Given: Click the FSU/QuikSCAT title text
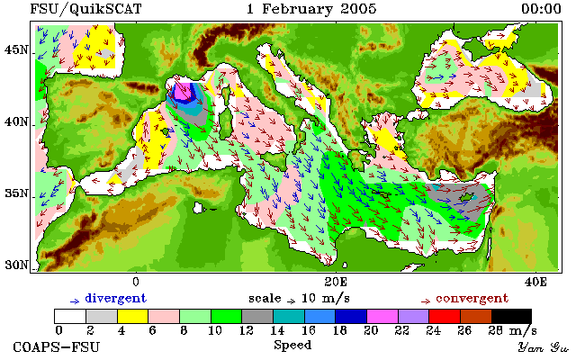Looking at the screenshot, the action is pyautogui.click(x=85, y=9).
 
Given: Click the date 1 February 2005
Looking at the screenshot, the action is pyautogui.click(x=311, y=9).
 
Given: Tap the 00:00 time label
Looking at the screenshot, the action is pyautogui.click(x=541, y=9).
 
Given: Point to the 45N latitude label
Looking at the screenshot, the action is pyautogui.click(x=16, y=49).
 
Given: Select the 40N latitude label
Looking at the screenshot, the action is pyautogui.click(x=16, y=122).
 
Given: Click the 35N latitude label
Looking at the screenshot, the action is pyautogui.click(x=16, y=193).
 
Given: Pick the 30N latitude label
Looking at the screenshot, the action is pyautogui.click(x=16, y=265).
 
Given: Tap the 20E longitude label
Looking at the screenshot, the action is pyautogui.click(x=336, y=282).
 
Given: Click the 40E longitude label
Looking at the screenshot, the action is pyautogui.click(x=535, y=282).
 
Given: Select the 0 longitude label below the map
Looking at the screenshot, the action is pyautogui.click(x=136, y=282).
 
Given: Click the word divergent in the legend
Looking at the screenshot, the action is pyautogui.click(x=116, y=299).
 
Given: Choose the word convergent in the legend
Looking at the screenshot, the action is pyautogui.click(x=472, y=299).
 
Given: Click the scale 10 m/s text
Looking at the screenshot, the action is pyautogui.click(x=299, y=299).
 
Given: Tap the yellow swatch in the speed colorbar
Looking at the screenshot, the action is pyautogui.click(x=133, y=317).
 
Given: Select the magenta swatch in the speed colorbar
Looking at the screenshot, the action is pyautogui.click(x=382, y=317).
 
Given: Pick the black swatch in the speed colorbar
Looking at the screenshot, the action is pyautogui.click(x=511, y=317).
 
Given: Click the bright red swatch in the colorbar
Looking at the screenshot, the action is pyautogui.click(x=445, y=317).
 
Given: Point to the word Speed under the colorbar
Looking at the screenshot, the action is pyautogui.click(x=292, y=345).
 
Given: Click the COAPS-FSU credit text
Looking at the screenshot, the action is pyautogui.click(x=57, y=347).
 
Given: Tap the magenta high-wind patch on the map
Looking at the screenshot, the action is pyautogui.click(x=182, y=92).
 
